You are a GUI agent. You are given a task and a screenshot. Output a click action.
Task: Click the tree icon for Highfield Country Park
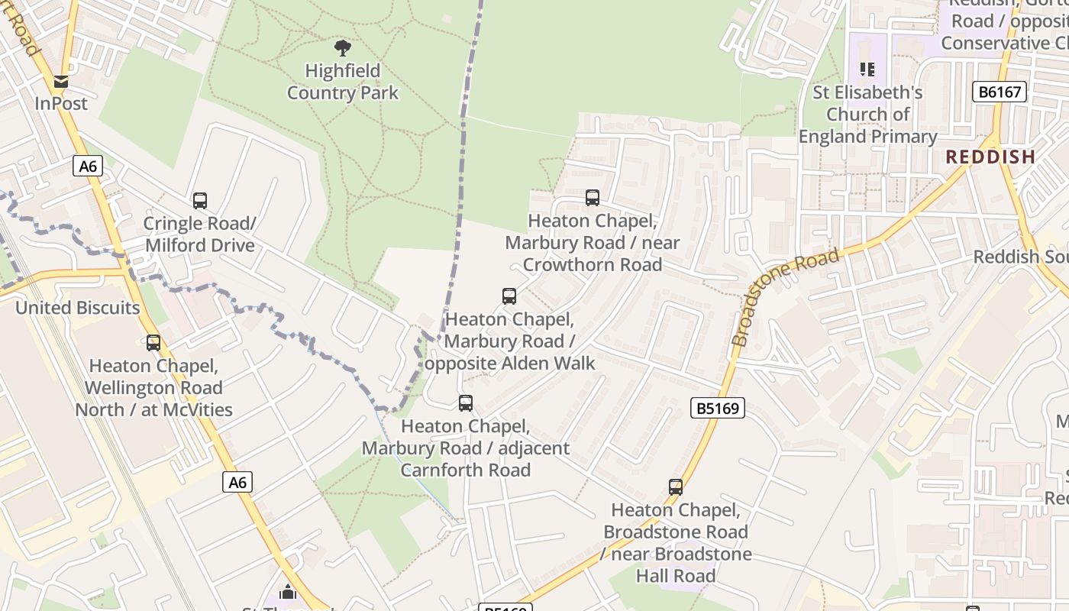[343, 48]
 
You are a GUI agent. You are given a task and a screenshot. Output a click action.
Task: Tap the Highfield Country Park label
[343, 82]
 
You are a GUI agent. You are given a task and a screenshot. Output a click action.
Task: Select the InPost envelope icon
[61, 81]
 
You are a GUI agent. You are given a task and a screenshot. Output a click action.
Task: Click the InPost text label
[61, 103]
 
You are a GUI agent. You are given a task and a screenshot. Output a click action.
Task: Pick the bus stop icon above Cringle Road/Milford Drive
[200, 201]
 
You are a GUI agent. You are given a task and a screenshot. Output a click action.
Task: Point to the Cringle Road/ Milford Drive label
[199, 234]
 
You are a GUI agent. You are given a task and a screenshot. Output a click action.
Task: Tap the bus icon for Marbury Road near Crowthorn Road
[593, 198]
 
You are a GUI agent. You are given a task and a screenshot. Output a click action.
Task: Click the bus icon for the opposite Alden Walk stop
[509, 296]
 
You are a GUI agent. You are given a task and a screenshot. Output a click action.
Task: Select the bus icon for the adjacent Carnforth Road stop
[466, 402]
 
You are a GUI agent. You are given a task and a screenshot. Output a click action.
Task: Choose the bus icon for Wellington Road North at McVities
[153, 343]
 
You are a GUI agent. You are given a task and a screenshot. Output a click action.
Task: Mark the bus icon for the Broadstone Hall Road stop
[676, 487]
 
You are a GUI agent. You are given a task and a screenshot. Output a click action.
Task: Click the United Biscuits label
[78, 308]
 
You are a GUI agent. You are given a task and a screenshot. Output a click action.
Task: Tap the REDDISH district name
[990, 157]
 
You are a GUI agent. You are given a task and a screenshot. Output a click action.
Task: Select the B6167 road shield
[1000, 92]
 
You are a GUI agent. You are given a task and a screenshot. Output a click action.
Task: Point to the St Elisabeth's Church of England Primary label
[868, 115]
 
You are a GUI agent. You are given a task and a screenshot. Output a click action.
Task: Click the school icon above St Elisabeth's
[867, 70]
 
